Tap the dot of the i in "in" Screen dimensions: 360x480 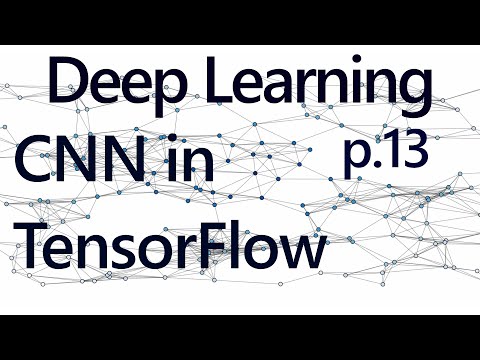point(173,142)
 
